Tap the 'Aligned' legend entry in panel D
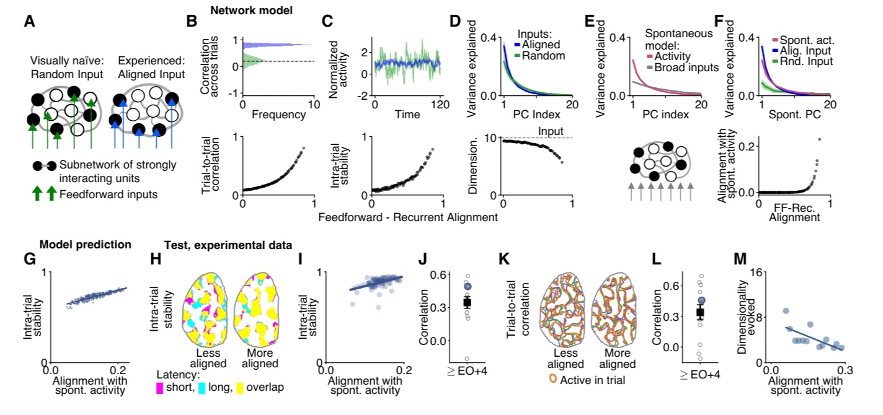[x=546, y=44]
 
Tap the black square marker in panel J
[x=468, y=302]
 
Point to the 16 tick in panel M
[x=758, y=272]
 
